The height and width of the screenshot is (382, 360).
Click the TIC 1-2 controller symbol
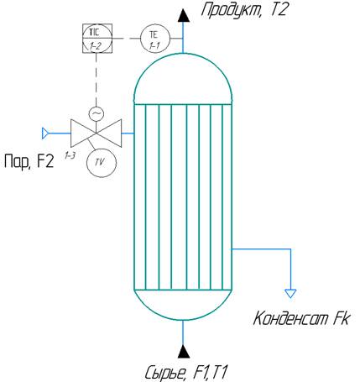coord(97,39)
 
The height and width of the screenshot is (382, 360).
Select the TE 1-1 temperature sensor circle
coord(155,39)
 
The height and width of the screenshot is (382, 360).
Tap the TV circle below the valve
coord(101,162)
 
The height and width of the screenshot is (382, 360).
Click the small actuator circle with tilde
coord(96,113)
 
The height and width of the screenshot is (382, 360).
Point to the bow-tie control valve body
coord(96,133)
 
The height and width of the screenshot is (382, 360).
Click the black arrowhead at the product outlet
coord(183,15)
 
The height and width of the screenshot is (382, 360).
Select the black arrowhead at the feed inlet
coord(183,352)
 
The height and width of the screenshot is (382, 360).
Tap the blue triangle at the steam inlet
coord(44,133)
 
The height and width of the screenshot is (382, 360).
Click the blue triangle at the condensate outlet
coord(290,293)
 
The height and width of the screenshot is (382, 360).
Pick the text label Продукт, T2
coord(244,10)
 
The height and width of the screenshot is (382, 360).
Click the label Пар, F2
coord(29,162)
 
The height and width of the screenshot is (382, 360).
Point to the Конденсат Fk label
coord(301,319)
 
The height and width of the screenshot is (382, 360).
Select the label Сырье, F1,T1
coord(186,373)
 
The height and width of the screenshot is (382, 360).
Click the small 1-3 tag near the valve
coord(70,155)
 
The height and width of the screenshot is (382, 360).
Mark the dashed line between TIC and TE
coord(126,39)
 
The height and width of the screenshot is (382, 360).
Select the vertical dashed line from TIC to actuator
coord(96,80)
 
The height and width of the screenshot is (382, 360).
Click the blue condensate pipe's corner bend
coord(290,249)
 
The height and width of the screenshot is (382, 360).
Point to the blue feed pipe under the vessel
coord(183,332)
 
